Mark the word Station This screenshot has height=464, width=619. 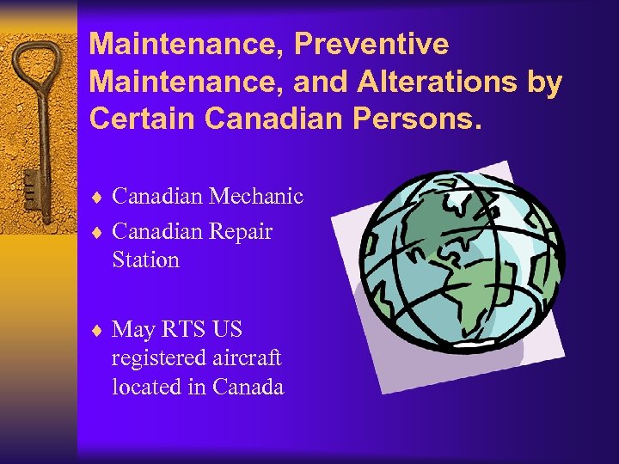pos(145,259)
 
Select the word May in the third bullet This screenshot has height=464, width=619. pos(133,329)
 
